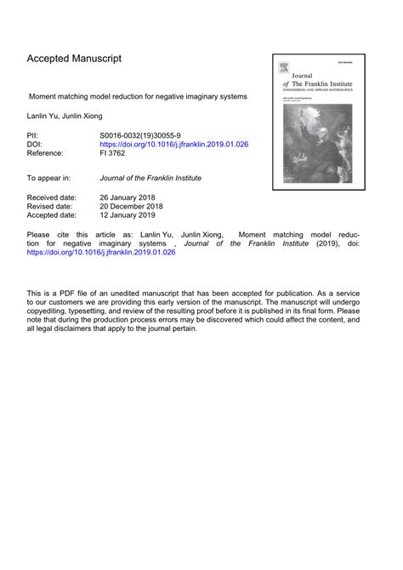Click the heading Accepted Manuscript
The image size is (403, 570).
pos(74,59)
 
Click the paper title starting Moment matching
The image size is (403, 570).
pos(138,96)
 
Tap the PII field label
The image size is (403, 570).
pos(33,134)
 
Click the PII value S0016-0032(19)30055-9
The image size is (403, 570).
pos(144,134)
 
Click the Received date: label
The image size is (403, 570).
pos(52,197)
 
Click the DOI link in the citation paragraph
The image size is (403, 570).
pos(100,253)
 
